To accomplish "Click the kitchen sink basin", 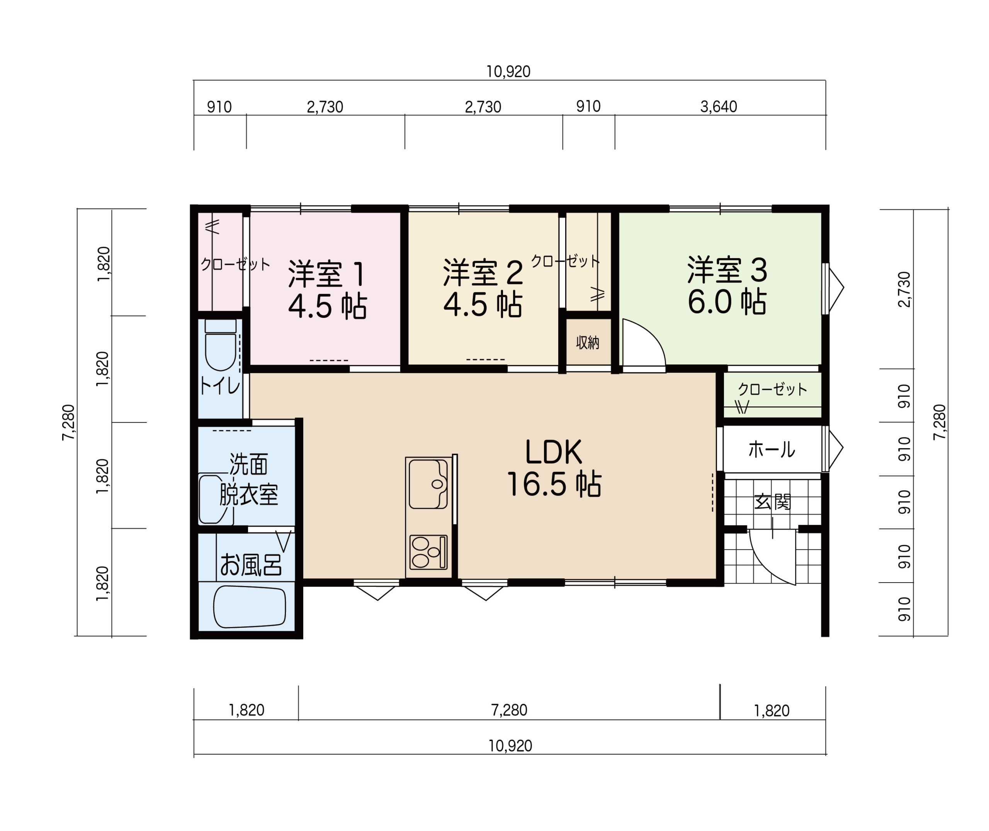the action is (428, 484).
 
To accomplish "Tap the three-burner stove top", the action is (428, 552).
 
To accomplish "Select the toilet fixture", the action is (221, 345).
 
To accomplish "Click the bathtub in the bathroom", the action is (249, 607).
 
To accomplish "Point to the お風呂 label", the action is (251, 564).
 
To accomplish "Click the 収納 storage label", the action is (588, 342).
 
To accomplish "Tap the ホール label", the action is (771, 449).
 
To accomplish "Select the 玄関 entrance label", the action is (772, 502).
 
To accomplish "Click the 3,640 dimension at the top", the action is (719, 107).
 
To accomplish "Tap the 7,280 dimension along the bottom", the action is (509, 710).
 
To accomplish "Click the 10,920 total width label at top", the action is (508, 71).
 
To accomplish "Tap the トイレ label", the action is (220, 386).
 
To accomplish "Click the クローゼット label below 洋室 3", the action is (772, 389).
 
